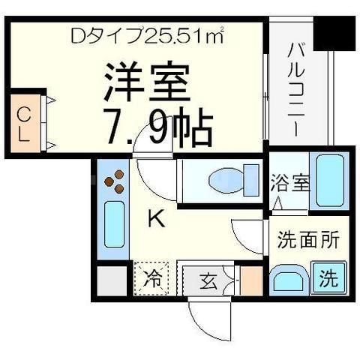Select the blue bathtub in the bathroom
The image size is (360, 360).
pyautogui.click(x=328, y=181)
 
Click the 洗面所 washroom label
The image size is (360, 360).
pyautogui.click(x=309, y=241)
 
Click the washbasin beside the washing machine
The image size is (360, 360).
pyautogui.click(x=288, y=281)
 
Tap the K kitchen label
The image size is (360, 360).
pyautogui.click(x=155, y=219)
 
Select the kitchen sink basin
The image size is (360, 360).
pyautogui.click(x=114, y=224)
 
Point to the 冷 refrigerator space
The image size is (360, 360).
pyautogui.click(x=152, y=280)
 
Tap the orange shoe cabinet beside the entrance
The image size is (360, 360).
pyautogui.click(x=251, y=280)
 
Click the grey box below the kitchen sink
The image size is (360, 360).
pyautogui.click(x=112, y=280)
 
